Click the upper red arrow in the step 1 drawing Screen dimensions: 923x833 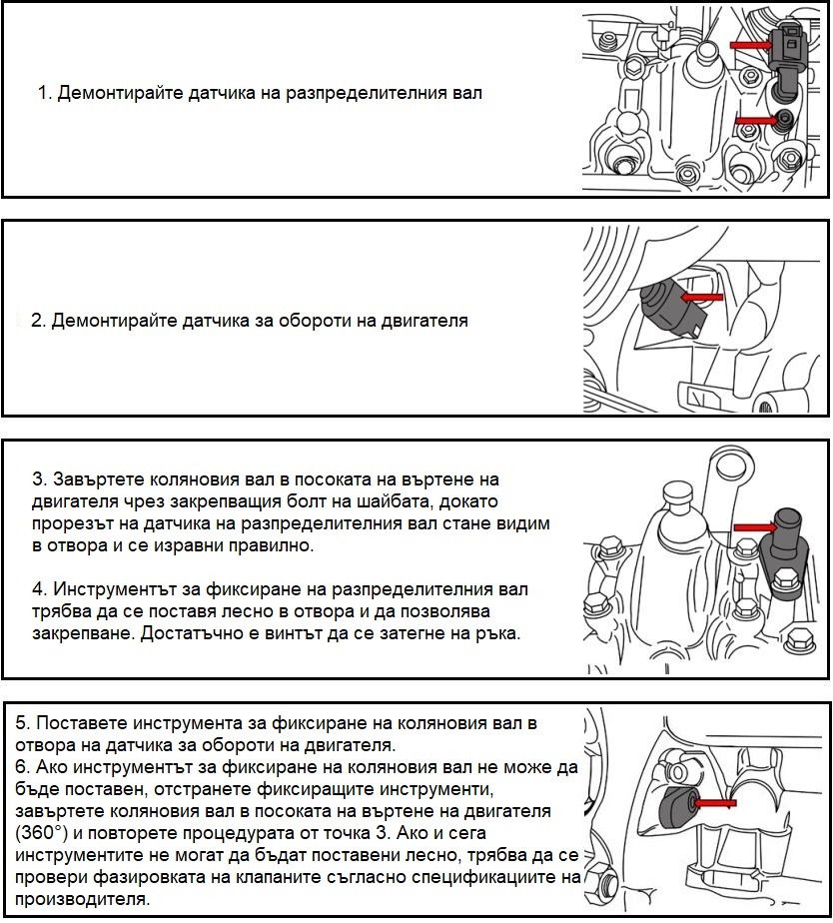point(750,45)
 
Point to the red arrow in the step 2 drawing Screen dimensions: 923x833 point(701,297)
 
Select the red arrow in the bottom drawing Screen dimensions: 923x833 point(708,801)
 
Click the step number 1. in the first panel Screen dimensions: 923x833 point(44,94)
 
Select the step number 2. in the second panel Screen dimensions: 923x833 point(38,322)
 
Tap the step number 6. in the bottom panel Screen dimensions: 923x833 point(24,767)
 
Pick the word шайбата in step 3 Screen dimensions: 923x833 point(401,500)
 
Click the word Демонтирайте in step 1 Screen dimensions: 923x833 point(107,94)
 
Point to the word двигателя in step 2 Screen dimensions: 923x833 point(419,322)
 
